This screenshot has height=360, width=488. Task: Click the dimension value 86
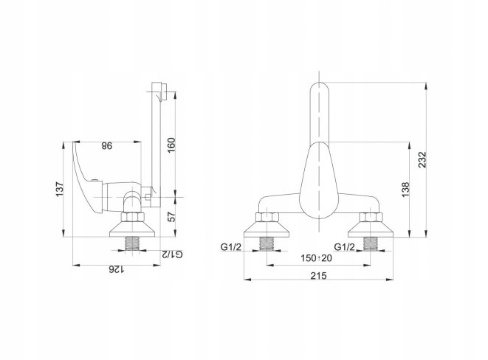(x=107, y=146)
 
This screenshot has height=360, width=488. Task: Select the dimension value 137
(x=59, y=189)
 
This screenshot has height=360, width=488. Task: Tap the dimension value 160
(x=171, y=145)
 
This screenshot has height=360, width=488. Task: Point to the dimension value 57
(x=171, y=216)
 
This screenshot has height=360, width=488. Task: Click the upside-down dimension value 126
(x=116, y=269)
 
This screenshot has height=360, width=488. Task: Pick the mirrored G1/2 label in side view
(x=172, y=255)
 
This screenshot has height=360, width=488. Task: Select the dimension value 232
(x=422, y=160)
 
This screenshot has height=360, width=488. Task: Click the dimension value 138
(x=405, y=190)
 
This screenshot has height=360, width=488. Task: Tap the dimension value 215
(x=319, y=275)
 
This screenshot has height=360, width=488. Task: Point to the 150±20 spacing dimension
(x=317, y=258)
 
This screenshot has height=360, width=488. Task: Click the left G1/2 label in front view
(x=231, y=247)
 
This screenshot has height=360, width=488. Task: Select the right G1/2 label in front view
(x=344, y=247)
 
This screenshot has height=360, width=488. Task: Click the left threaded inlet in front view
(x=267, y=243)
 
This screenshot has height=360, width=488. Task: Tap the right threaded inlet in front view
(x=371, y=243)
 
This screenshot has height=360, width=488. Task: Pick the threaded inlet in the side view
(x=131, y=243)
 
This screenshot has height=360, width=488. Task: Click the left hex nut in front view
(x=267, y=218)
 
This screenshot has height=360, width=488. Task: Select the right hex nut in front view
(x=371, y=218)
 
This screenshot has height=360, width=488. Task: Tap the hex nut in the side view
(x=131, y=218)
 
